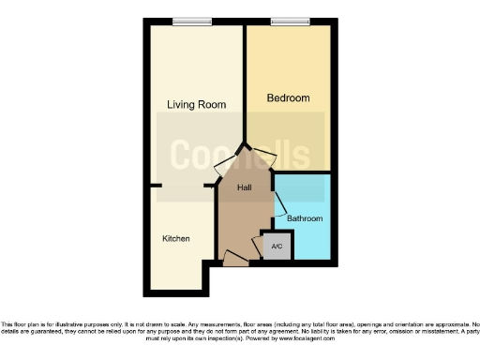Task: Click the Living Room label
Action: pyautogui.click(x=196, y=105)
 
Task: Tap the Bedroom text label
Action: pyautogui.click(x=288, y=97)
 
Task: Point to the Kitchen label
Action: pyautogui.click(x=176, y=239)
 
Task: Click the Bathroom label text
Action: pyautogui.click(x=305, y=218)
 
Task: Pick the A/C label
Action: pyautogui.click(x=276, y=247)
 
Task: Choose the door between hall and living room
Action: pyautogui.click(x=223, y=172)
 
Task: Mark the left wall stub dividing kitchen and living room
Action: pyautogui.click(x=157, y=185)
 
